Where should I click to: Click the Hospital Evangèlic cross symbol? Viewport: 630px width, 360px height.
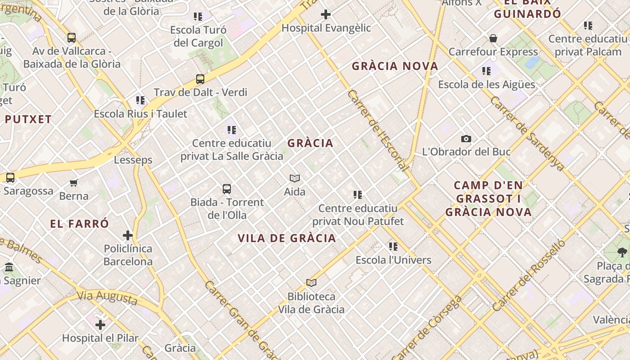[325, 15]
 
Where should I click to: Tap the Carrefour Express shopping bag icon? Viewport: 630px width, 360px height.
[493, 39]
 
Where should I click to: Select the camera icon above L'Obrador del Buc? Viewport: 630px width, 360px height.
[466, 139]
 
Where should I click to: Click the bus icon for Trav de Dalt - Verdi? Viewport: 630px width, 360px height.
[200, 79]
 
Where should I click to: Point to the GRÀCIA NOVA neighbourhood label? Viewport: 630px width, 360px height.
[395, 66]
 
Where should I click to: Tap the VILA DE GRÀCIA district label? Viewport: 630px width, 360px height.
[287, 238]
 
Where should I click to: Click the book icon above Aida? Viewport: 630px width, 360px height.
[295, 178]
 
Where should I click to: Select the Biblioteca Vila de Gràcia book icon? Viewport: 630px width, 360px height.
[311, 283]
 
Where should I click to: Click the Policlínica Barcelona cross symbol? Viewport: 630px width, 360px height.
[128, 235]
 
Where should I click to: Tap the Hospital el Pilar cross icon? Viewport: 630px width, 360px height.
[100, 324]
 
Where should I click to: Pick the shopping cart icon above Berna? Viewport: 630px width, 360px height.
[74, 183]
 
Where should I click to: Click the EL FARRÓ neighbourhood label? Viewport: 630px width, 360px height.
[80, 224]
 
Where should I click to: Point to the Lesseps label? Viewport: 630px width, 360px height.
[133, 160]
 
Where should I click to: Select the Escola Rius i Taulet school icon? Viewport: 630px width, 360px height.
[140, 100]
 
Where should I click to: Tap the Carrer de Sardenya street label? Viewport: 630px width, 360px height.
[527, 134]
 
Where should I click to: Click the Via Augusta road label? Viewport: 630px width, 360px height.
[107, 297]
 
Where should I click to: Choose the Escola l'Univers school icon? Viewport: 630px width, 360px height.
[393, 246]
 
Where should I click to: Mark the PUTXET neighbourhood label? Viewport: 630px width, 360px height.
[28, 119]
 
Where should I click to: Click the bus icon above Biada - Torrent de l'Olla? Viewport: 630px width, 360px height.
[227, 189]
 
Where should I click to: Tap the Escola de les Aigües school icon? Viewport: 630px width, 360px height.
[486, 71]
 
